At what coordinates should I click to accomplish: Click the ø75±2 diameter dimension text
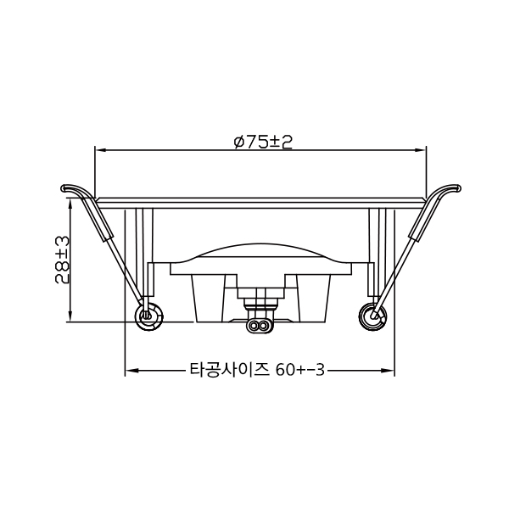(x=263, y=142)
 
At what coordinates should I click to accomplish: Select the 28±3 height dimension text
(x=61, y=260)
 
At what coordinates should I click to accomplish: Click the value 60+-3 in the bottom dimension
(x=301, y=371)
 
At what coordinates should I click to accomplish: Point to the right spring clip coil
(x=372, y=314)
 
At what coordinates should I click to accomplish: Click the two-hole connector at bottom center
(x=260, y=324)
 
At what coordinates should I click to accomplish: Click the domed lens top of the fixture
(x=260, y=245)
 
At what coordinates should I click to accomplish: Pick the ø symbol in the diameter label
(x=239, y=142)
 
